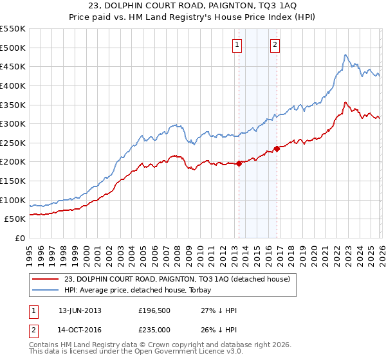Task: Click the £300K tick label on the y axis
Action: tap(13, 123)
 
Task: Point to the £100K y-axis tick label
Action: tap(13, 200)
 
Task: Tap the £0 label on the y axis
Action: tap(19, 238)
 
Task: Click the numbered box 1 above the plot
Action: tap(237, 45)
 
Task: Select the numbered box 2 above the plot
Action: tap(275, 45)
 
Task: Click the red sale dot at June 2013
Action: tap(239, 163)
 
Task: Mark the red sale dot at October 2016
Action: tap(277, 148)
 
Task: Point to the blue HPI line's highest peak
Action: tap(345, 55)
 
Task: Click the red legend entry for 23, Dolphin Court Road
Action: tap(177, 278)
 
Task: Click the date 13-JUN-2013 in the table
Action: tap(80, 310)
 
